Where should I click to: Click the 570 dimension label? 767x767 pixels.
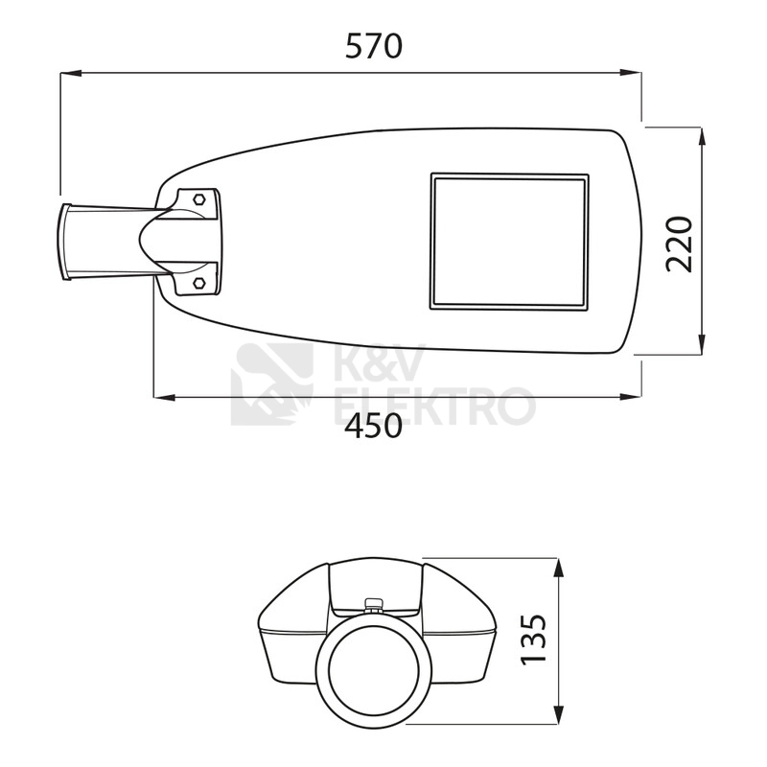click(x=374, y=46)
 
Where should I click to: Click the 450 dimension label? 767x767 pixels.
click(x=374, y=425)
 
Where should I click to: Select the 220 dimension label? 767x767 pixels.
click(x=680, y=244)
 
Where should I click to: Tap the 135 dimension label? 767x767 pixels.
click(x=533, y=639)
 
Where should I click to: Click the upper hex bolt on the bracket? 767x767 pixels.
click(x=199, y=199)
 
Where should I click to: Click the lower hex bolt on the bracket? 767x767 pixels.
click(x=199, y=283)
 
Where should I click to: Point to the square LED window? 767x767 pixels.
click(x=509, y=242)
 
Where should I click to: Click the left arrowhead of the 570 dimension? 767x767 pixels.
click(x=70, y=74)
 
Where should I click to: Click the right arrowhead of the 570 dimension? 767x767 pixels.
click(x=631, y=74)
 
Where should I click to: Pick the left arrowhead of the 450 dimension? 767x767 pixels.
click(x=164, y=397)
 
